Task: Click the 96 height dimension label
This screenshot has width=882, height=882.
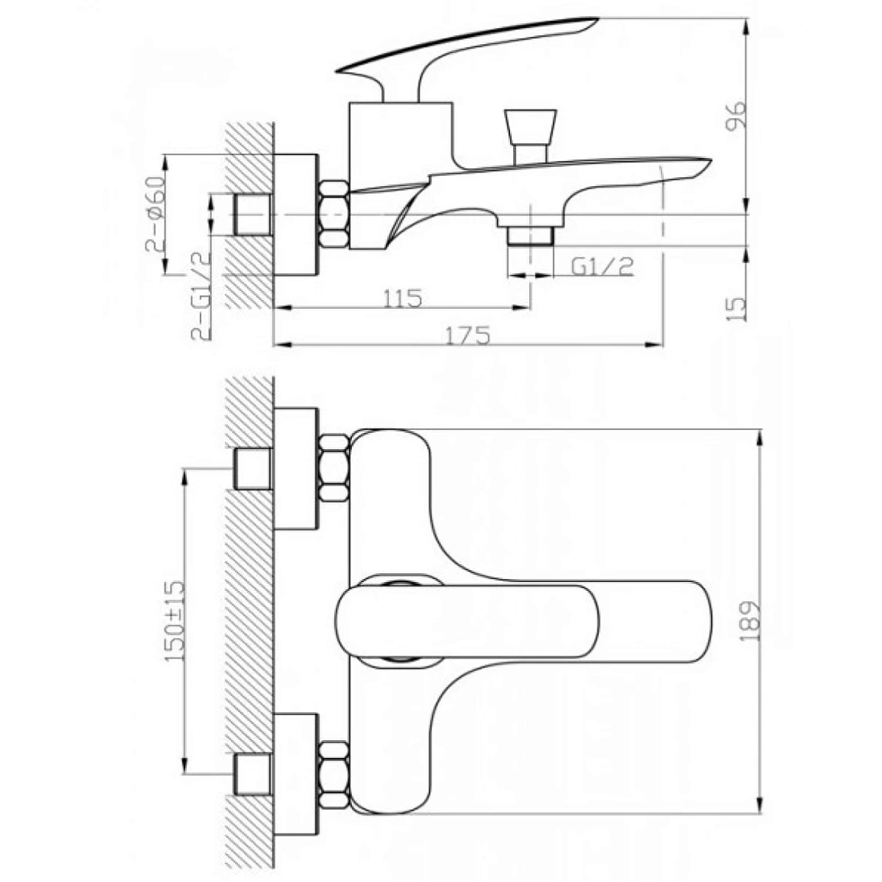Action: tap(736, 115)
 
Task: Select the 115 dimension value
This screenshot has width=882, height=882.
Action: tap(403, 298)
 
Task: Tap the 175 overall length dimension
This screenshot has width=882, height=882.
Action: tap(468, 336)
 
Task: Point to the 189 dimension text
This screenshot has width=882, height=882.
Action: tap(749, 621)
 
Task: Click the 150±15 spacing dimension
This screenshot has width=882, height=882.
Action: tap(174, 621)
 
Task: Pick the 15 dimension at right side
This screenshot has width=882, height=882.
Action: tap(736, 308)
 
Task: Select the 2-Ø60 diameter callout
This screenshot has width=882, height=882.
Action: tap(156, 214)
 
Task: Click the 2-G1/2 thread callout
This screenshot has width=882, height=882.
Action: tap(200, 295)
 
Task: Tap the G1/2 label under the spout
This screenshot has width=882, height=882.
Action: tap(602, 266)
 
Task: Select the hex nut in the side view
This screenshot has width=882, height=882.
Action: tap(334, 214)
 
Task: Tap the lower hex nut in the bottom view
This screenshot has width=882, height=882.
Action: tap(334, 775)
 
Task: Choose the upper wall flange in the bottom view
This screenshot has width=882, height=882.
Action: tap(296, 468)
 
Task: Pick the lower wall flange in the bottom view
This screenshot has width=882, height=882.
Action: tap(296, 775)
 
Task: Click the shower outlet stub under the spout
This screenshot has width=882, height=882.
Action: tap(531, 236)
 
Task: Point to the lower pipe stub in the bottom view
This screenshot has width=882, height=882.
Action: tap(253, 775)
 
